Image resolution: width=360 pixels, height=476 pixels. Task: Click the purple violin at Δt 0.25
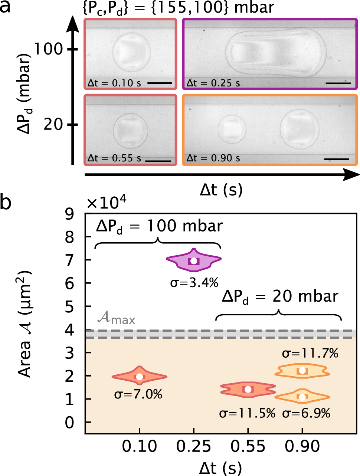(x=193, y=260)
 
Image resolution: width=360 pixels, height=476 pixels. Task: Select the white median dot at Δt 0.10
(x=140, y=377)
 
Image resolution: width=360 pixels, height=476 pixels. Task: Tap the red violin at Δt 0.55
(x=248, y=389)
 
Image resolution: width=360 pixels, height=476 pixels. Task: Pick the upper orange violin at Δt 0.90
(x=302, y=370)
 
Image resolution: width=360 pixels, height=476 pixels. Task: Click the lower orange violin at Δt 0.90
(x=302, y=397)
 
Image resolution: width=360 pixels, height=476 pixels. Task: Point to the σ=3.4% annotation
(x=194, y=283)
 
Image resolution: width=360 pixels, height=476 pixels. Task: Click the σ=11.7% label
(x=310, y=353)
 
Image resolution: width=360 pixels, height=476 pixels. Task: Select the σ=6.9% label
(x=306, y=413)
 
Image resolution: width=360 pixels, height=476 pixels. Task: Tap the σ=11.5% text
(x=247, y=413)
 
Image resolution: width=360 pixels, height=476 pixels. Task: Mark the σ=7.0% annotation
(x=138, y=394)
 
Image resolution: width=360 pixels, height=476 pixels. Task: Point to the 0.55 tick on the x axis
(x=248, y=447)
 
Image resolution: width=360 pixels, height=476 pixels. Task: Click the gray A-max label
(x=116, y=318)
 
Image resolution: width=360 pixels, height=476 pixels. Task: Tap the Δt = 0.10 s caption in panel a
(x=114, y=83)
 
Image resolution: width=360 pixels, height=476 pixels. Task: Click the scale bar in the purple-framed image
(x=338, y=83)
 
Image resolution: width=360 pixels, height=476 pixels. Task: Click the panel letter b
(x=6, y=203)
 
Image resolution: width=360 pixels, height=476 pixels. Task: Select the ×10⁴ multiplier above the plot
(x=106, y=203)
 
